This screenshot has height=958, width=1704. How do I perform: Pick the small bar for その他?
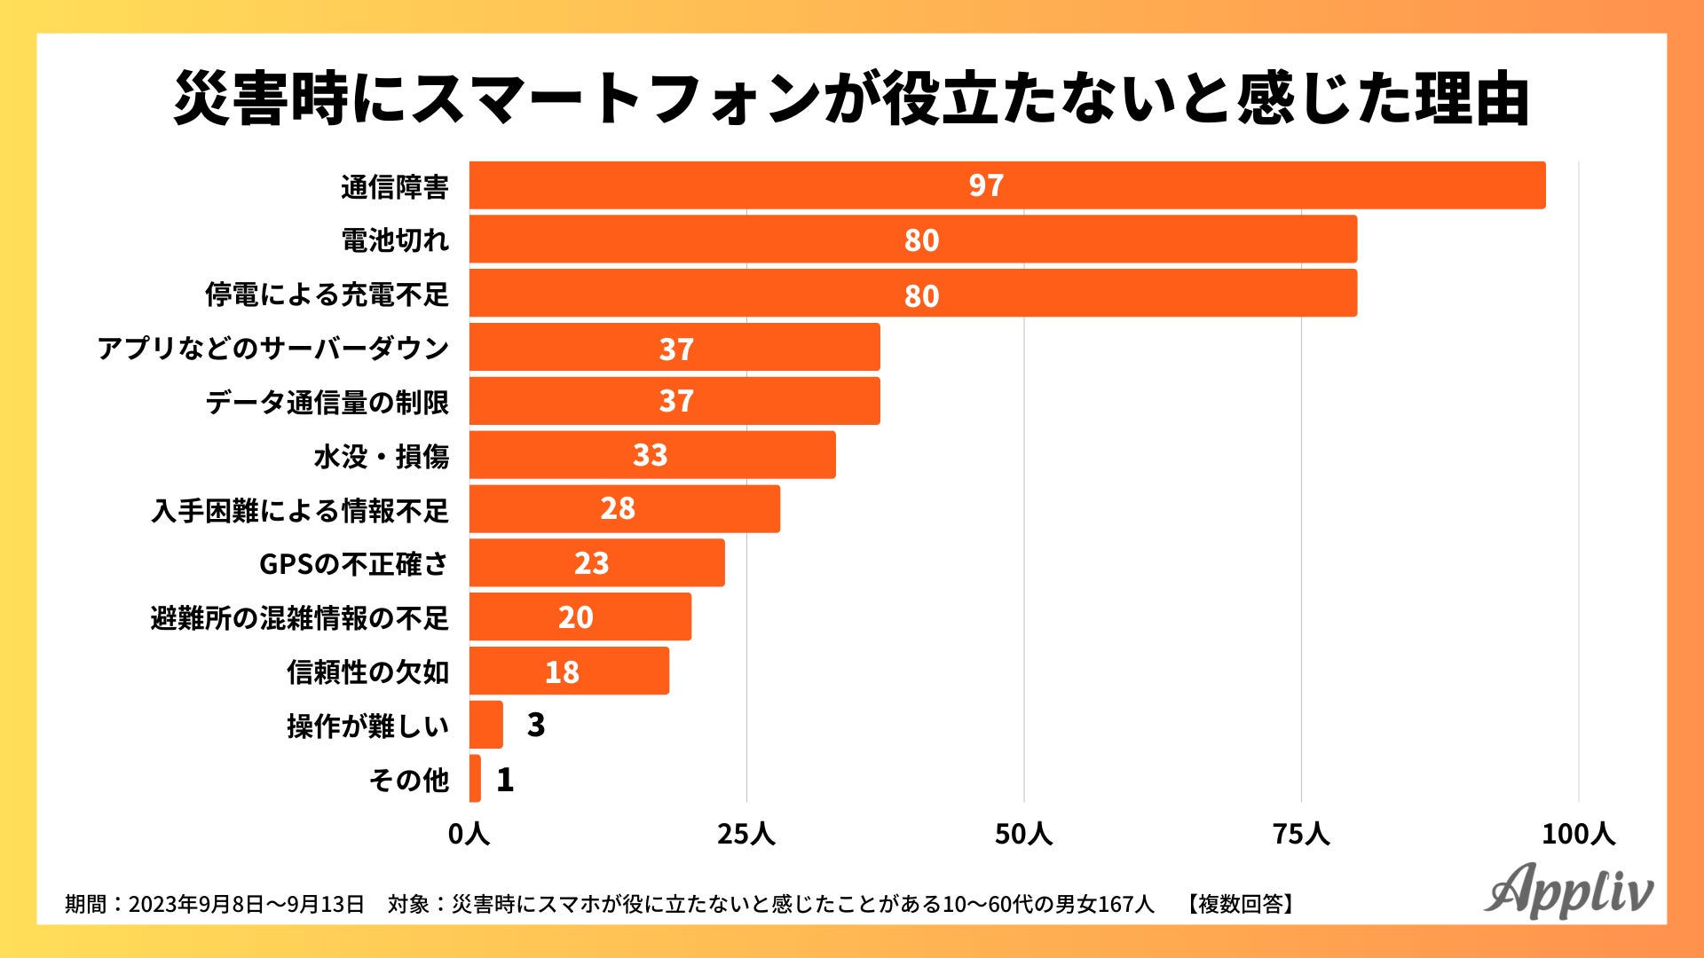tap(475, 779)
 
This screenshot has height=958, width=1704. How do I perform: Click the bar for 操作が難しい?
tap(485, 725)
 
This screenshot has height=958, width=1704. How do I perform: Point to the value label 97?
tap(986, 185)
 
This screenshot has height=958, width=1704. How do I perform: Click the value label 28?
tap(618, 509)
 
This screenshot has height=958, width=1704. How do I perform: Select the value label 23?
tap(591, 563)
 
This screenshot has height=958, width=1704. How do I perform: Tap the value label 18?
tap(562, 671)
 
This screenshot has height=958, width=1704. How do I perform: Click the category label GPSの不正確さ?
tap(353, 563)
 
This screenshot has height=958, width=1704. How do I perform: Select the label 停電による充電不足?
tap(327, 294)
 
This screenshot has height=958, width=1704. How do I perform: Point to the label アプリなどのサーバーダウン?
tap(272, 348)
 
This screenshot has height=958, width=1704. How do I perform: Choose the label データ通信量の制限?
tap(327, 402)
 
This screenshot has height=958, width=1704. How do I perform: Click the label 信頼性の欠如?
tap(367, 671)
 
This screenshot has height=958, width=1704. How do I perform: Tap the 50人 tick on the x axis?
tap(1023, 834)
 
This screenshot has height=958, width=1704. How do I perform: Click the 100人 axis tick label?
tap(1578, 834)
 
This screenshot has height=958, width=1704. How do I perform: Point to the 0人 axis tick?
tap(469, 834)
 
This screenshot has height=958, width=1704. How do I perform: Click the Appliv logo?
tap(1569, 891)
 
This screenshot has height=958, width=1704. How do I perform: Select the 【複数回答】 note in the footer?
tap(1241, 904)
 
